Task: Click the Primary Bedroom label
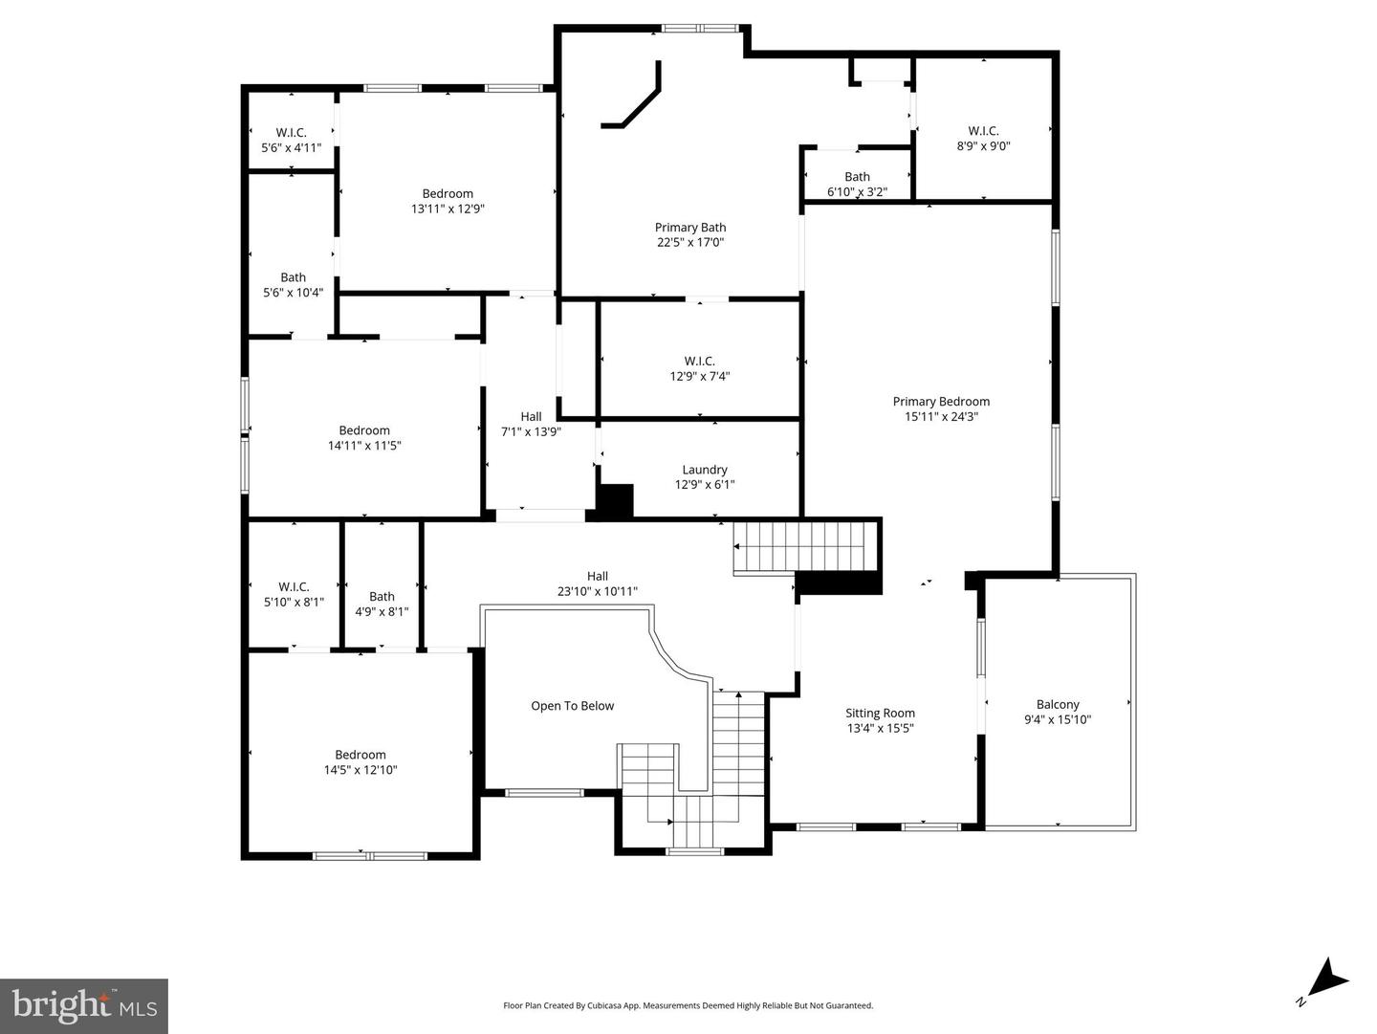click(941, 408)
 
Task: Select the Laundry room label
click(704, 476)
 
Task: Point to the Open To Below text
click(572, 706)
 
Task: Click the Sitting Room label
click(880, 720)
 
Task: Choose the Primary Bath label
click(689, 234)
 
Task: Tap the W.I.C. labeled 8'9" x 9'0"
click(983, 139)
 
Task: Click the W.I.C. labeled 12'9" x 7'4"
click(699, 368)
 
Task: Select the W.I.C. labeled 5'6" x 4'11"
click(291, 141)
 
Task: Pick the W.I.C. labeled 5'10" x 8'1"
click(294, 594)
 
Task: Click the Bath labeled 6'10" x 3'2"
click(857, 184)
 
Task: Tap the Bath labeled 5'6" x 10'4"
click(293, 285)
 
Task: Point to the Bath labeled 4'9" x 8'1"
click(382, 604)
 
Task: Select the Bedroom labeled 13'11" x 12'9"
click(448, 201)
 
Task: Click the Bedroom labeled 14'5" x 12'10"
click(360, 761)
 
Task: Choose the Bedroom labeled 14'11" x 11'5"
click(363, 437)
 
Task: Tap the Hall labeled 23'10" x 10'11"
click(597, 583)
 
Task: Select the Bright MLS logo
click(84, 1005)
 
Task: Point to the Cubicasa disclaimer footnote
click(688, 1005)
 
